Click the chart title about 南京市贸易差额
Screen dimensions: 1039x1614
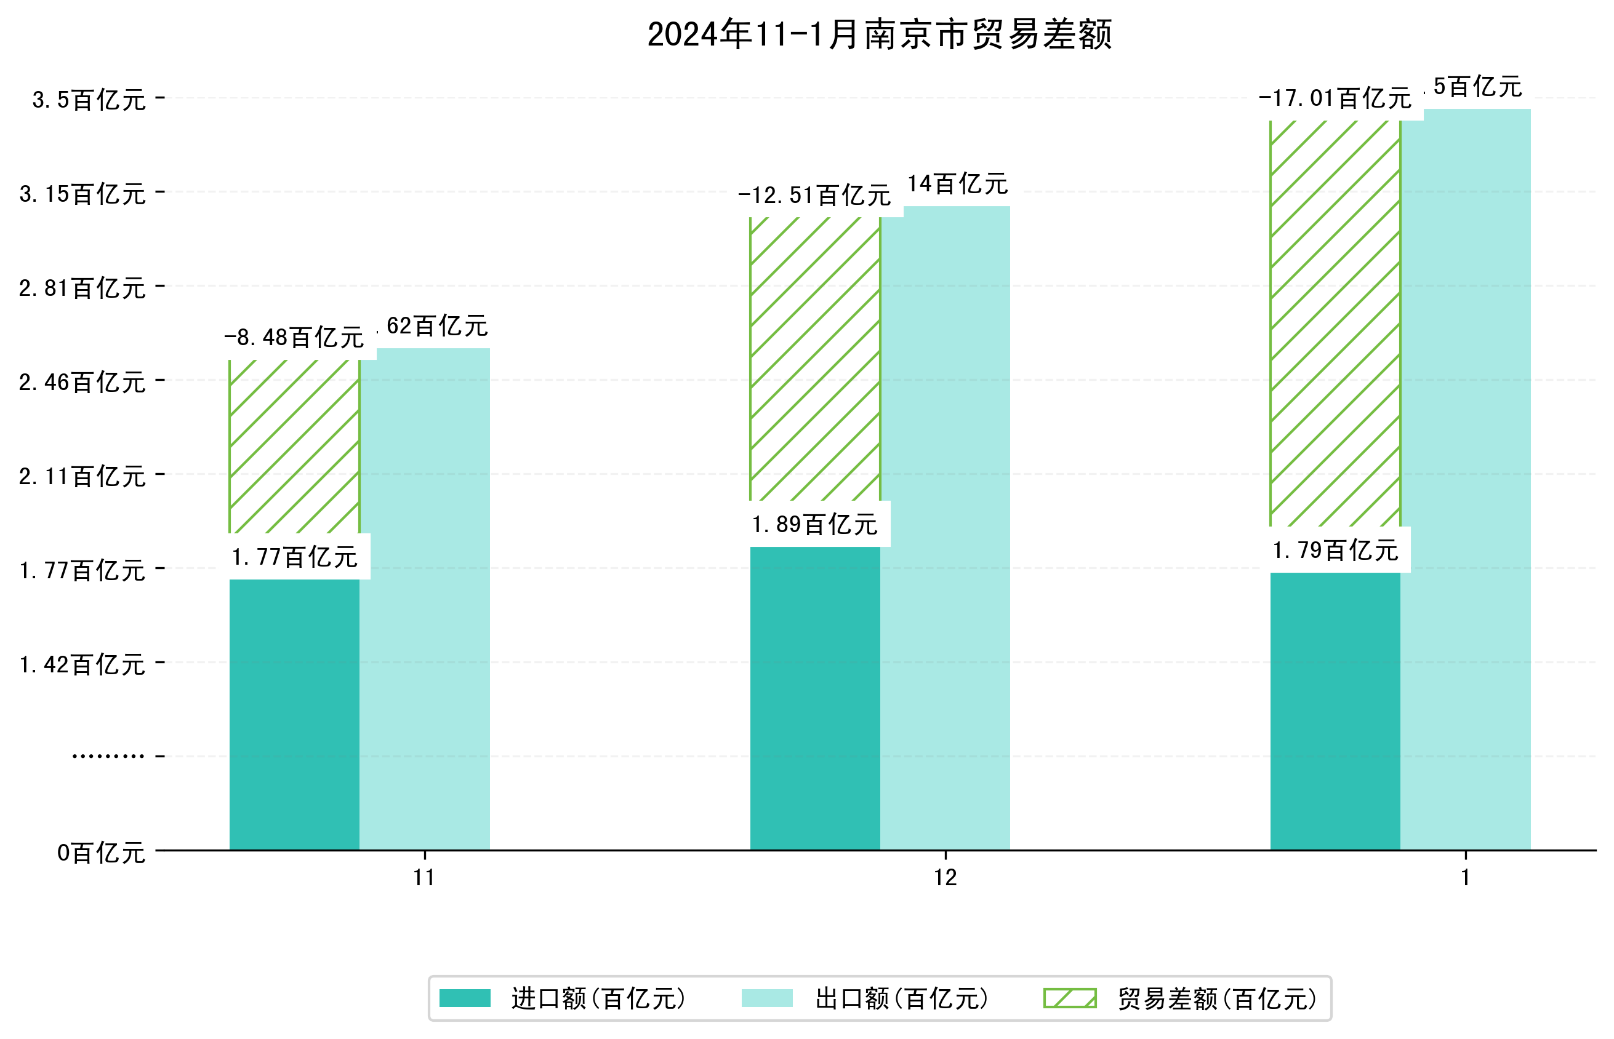879,34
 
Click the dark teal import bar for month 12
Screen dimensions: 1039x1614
814,698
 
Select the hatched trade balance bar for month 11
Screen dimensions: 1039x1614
294,446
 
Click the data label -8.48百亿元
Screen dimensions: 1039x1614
294,336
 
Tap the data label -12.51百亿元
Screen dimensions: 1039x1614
814,195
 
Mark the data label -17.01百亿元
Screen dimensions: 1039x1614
1334,98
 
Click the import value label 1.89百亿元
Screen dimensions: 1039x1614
814,524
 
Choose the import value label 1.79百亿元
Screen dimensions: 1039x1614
1334,551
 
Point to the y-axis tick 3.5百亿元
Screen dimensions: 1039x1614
89,100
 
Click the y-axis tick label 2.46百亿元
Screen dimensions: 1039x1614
82,383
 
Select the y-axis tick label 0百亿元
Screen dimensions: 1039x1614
100,853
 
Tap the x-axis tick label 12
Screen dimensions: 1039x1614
944,878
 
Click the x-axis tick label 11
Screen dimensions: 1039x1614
424,878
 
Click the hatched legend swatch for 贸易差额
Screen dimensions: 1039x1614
1069,998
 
